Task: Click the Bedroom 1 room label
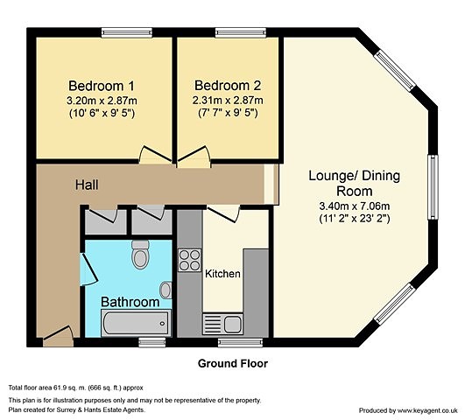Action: (102, 86)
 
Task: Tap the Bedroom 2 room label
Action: (228, 86)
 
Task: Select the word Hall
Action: (87, 185)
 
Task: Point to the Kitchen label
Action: (222, 274)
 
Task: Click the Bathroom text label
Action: (130, 302)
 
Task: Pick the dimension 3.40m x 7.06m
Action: (355, 206)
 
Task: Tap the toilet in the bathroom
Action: (140, 255)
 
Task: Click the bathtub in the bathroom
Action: (136, 323)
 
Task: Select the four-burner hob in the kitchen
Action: (189, 260)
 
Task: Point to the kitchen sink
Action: (222, 324)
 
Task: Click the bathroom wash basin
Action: (166, 290)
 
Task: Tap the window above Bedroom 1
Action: (127, 32)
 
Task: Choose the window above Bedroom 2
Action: (241, 32)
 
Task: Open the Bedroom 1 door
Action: (155, 155)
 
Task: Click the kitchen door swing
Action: (223, 214)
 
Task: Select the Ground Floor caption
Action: (233, 363)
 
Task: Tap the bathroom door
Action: (88, 269)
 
